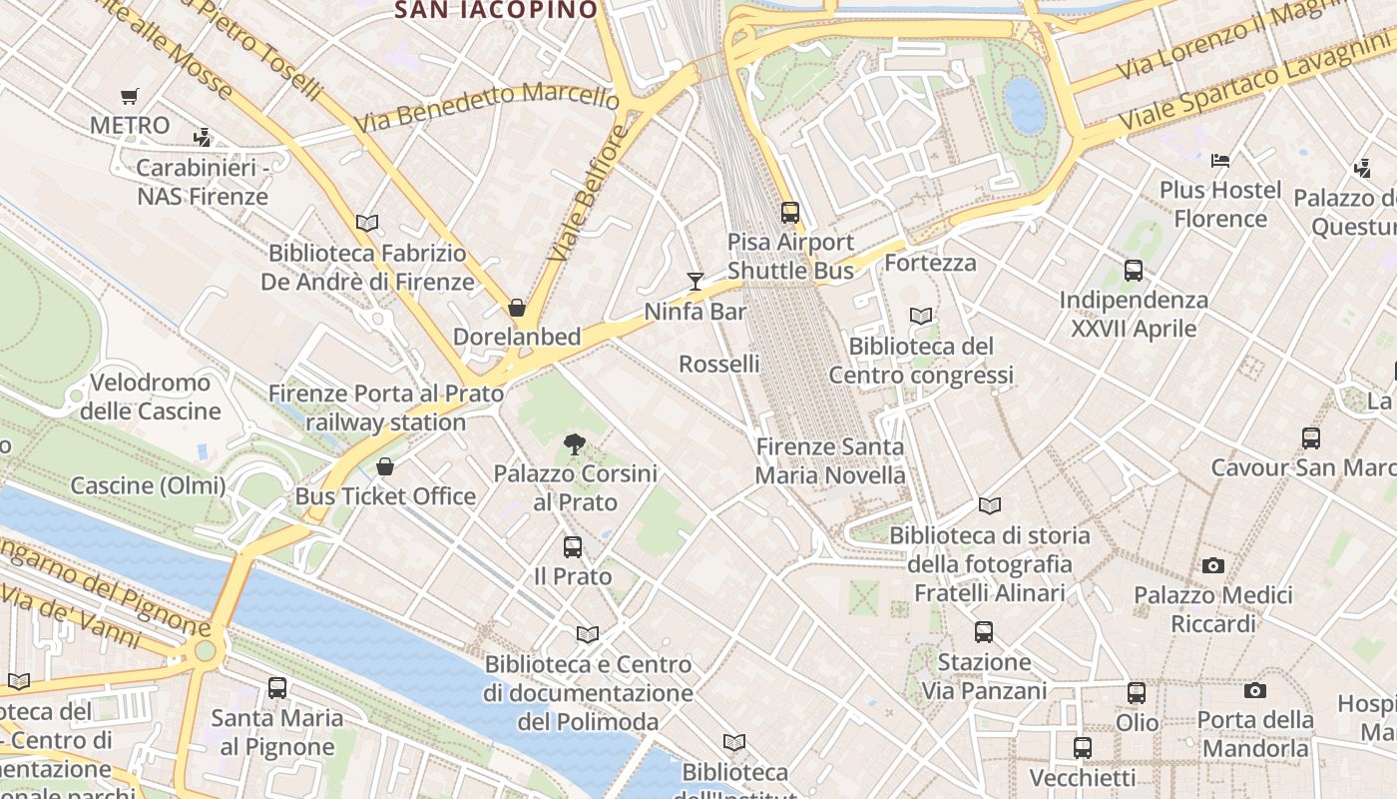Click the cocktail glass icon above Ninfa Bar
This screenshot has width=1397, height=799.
(696, 282)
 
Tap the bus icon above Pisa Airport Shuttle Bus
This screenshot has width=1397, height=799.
(790, 212)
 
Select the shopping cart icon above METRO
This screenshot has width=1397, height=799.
(129, 97)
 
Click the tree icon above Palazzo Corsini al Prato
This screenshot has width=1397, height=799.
(574, 444)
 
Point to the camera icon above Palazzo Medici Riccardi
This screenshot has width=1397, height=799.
(1212, 566)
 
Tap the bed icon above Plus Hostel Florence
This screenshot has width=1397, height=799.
(1219, 160)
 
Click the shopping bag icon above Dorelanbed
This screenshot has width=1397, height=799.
(517, 308)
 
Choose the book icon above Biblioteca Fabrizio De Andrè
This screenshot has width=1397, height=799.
(367, 224)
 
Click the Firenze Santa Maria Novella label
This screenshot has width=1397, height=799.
(830, 460)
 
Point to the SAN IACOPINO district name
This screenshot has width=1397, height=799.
(497, 11)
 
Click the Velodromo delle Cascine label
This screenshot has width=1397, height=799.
(151, 397)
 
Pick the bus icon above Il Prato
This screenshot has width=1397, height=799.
(572, 547)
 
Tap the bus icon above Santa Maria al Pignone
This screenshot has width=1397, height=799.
(277, 688)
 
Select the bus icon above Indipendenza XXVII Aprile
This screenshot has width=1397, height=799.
(1134, 270)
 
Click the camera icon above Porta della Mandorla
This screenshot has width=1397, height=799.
(1255, 690)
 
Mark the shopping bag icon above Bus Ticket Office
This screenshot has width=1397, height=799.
(385, 466)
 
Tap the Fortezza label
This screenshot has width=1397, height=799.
(930, 263)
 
